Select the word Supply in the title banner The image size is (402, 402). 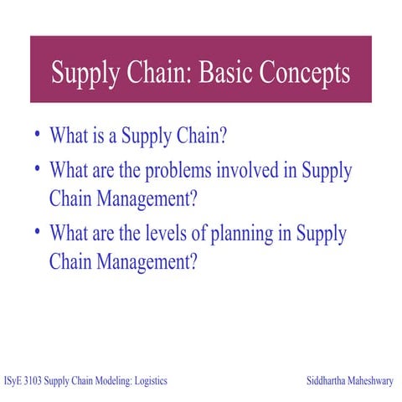[84, 73]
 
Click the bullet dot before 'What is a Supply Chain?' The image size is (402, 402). [38, 132]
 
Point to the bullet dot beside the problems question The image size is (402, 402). [38, 167]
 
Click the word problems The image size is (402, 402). [177, 173]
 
